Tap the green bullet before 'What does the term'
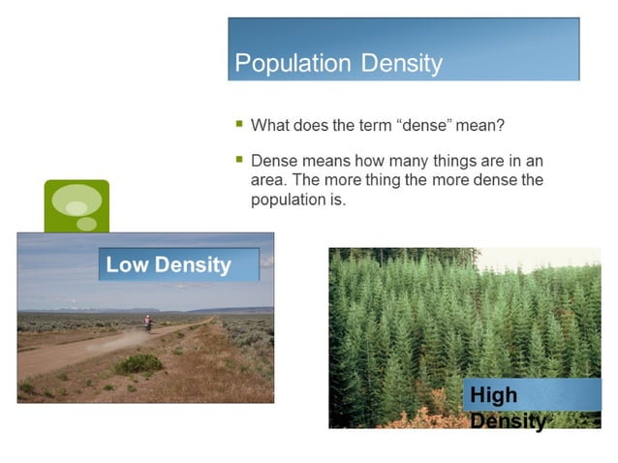pos(239,124)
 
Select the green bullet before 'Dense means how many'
pos(239,159)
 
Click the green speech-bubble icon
pos(77,205)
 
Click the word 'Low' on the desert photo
pos(125,264)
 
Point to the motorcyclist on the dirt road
pos(148,324)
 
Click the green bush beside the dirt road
pos(139,363)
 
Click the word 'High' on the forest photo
pos(493,395)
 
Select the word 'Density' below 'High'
pos(507,421)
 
